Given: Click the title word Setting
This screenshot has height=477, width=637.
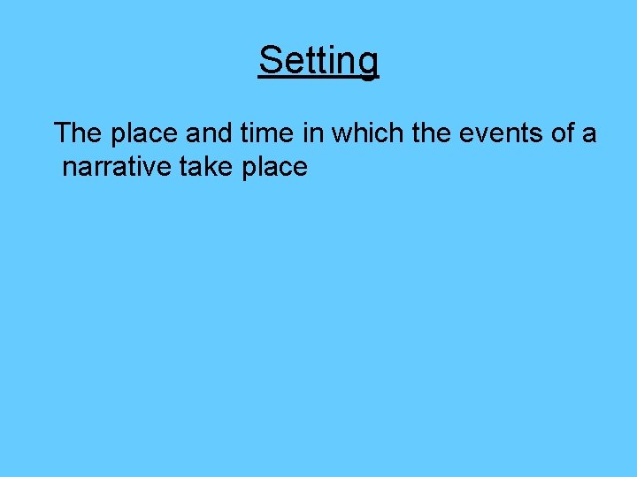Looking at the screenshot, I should pyautogui.click(x=318, y=61).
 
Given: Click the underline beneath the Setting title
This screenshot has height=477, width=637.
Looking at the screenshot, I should pyautogui.click(x=318, y=79).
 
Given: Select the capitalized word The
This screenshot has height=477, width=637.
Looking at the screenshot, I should pyautogui.click(x=78, y=133).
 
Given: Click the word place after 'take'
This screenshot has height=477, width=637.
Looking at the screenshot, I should pyautogui.click(x=273, y=168).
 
